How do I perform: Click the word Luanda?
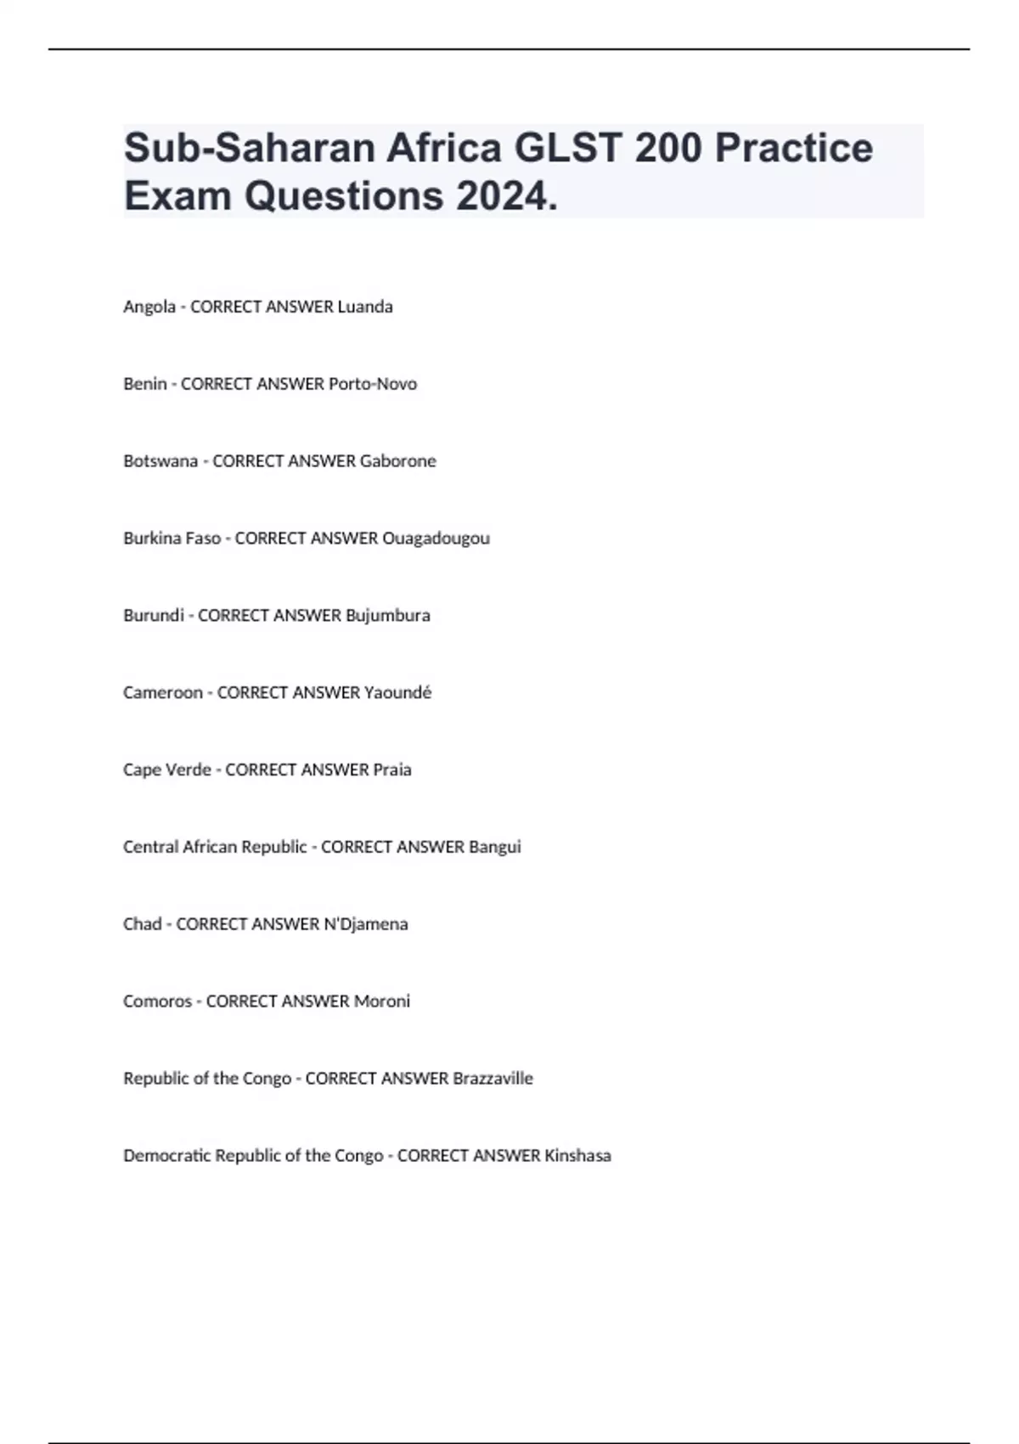click(365, 307)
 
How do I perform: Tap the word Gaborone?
click(397, 461)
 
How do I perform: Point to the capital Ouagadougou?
click(436, 539)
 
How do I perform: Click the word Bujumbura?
click(387, 615)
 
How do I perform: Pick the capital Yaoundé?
click(397, 692)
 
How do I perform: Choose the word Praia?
click(391, 770)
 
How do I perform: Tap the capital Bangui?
click(494, 847)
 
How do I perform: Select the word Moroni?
click(381, 1001)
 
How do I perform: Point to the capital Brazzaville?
click(493, 1079)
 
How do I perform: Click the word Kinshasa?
click(577, 1156)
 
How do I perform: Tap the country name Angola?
click(149, 307)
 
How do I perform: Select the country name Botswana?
click(160, 461)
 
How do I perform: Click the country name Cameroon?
click(163, 692)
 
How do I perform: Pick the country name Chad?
click(143, 924)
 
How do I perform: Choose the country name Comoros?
click(158, 1001)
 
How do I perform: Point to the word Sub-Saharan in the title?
click(250, 148)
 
